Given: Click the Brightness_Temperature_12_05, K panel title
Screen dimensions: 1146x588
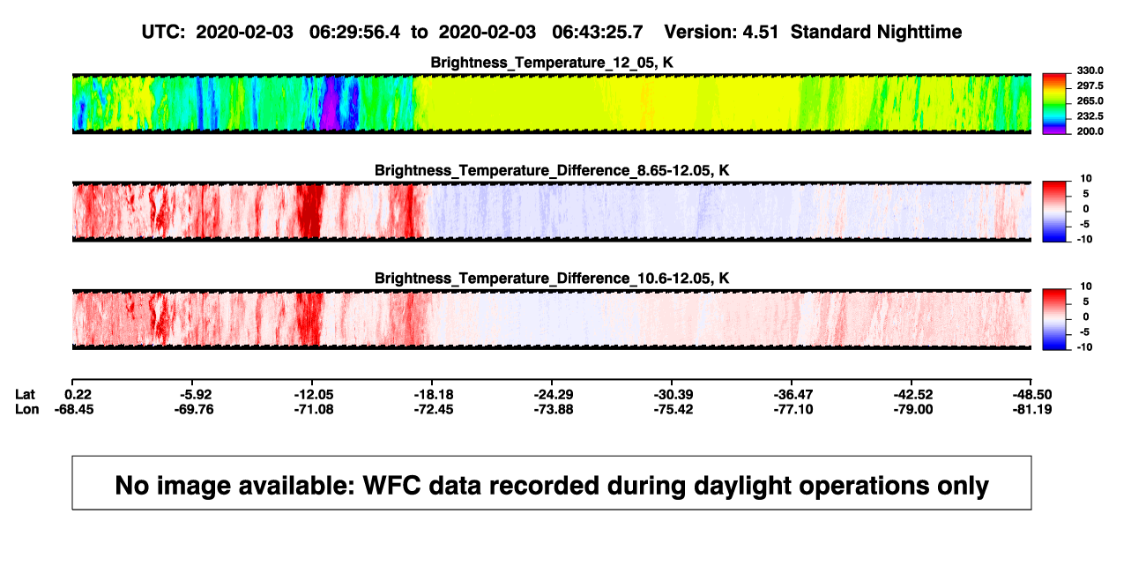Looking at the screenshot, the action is coord(552,63).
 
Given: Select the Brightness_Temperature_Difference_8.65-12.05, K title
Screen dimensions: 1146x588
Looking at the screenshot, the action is coord(552,170).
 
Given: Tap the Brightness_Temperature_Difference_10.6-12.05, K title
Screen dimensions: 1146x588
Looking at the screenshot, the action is coord(552,279).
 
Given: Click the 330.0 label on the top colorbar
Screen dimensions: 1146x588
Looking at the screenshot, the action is coord(1090,71).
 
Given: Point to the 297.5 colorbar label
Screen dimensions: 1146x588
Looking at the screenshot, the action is coord(1090,86).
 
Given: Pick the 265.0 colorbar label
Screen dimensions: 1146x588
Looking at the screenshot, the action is coord(1090,100).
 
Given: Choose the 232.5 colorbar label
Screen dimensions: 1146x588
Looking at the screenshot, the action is coord(1090,116).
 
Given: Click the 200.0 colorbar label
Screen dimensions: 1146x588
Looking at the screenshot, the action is coord(1090,131).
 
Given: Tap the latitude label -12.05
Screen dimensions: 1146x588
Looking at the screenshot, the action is coord(314,395).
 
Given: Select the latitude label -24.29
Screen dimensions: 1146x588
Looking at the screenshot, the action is coord(554,395).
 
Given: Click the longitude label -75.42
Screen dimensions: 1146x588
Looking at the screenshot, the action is coord(673,409).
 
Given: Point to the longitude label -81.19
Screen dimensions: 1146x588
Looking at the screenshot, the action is coord(1032,409).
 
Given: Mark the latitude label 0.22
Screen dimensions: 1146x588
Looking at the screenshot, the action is coord(78,395).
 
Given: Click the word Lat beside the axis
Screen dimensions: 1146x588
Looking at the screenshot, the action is coord(25,395).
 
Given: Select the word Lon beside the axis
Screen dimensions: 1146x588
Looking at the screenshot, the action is coord(27,409).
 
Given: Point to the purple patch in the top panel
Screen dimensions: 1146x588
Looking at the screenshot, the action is coord(331,102).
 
